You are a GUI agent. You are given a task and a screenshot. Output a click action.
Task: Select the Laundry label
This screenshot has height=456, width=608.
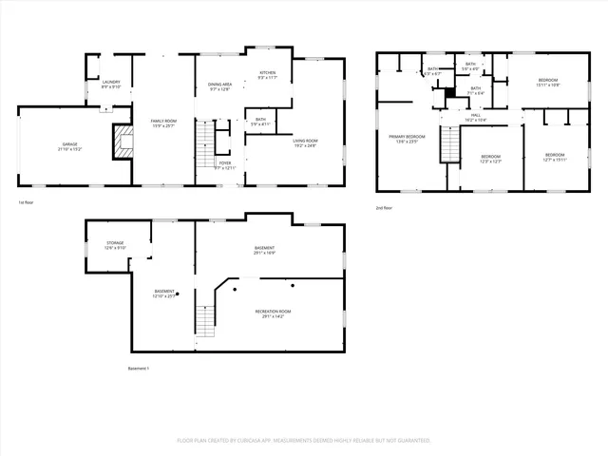pos(110,83)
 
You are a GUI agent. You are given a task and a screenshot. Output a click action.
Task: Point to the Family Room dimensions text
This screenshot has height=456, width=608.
pos(163,125)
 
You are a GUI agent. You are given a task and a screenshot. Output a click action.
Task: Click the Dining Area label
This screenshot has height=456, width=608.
pos(220,85)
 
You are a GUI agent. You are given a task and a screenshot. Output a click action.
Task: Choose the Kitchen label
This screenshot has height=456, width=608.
pos(267,73)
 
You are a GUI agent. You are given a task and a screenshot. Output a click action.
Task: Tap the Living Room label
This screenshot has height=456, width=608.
pos(305,141)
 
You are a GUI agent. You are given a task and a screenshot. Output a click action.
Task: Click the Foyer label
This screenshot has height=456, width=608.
pos(225,162)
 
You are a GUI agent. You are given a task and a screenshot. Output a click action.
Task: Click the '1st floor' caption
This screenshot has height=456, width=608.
pos(27,202)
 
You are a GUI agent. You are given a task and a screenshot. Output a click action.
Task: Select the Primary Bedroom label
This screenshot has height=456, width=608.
pos(407,137)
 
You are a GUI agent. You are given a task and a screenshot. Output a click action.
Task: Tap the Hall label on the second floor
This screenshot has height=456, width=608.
pos(475,116)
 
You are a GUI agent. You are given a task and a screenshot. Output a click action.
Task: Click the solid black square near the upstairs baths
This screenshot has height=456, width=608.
pos(450,93)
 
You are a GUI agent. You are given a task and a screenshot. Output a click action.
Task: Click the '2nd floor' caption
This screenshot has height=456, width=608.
pos(386,207)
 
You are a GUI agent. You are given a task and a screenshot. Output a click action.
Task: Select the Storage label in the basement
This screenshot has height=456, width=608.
pos(114,243)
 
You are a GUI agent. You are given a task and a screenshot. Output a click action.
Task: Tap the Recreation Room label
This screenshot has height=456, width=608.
pos(272,312)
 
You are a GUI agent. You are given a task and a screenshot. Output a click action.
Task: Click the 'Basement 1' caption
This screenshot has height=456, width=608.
pos(139,368)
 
